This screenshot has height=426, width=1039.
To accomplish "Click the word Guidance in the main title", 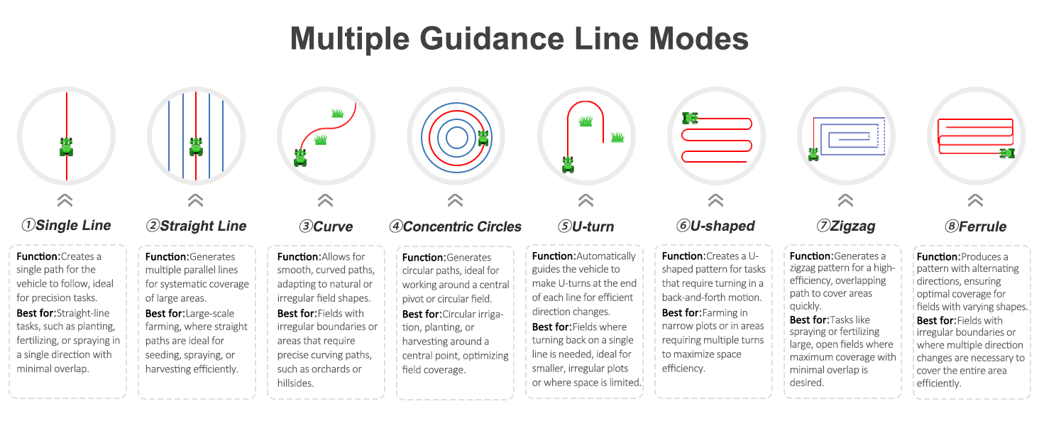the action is [x=492, y=38].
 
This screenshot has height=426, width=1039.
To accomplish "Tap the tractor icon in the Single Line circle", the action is [x=66, y=147].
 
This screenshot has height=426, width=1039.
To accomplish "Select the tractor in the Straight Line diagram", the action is [x=196, y=147].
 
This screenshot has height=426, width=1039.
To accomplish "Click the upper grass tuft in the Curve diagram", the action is [x=338, y=113].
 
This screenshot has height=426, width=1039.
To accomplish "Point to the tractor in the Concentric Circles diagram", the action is [x=483, y=138].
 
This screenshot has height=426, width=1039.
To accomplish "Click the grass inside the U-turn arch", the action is [x=586, y=121].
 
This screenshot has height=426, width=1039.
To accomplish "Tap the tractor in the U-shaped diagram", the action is [x=691, y=118].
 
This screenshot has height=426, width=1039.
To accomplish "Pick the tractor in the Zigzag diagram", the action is [x=813, y=154].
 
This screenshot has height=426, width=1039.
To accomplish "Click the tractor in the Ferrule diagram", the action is [x=1007, y=153].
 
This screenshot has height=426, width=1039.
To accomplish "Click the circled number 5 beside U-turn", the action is [x=564, y=226].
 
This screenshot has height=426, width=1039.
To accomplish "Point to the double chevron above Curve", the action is [x=326, y=200].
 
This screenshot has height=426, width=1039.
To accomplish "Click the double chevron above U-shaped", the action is [x=715, y=200].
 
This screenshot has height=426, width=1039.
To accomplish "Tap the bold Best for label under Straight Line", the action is [x=165, y=314].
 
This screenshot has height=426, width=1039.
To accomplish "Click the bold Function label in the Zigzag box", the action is [x=811, y=256].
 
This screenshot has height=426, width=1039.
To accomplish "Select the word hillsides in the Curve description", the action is [x=295, y=383].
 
